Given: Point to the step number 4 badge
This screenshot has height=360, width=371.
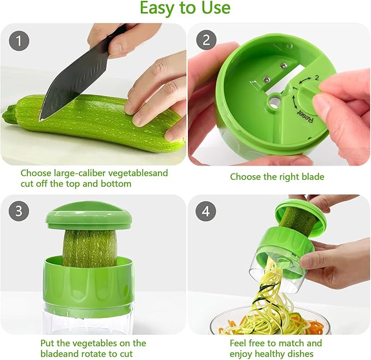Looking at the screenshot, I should tap(205, 212).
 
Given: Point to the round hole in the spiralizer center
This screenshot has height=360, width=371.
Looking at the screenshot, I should tap(275, 101).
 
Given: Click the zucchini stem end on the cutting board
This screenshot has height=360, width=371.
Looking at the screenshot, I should tap(9, 116).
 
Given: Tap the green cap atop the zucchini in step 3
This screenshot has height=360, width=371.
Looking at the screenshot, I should tap(89, 215).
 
